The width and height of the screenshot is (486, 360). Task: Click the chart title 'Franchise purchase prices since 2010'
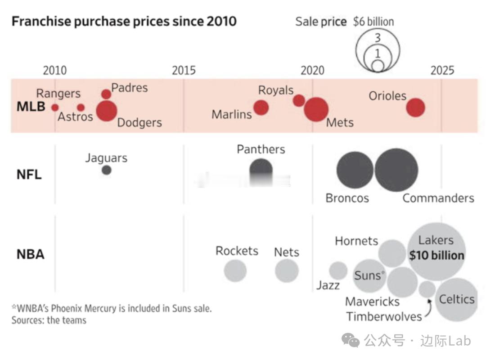point(124,21)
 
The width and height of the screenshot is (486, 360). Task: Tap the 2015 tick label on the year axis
point(184,70)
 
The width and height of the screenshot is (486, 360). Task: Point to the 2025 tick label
point(442,70)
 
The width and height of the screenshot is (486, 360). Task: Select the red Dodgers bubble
point(107,111)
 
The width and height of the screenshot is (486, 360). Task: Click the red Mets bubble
point(316,109)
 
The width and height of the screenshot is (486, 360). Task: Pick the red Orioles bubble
point(415,108)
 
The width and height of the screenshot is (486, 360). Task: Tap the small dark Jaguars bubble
point(106,170)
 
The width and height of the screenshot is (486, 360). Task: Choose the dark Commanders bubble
point(396,170)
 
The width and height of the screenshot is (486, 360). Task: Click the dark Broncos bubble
point(355,170)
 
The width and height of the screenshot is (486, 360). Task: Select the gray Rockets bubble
point(235,271)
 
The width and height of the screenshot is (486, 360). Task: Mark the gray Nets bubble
point(287,271)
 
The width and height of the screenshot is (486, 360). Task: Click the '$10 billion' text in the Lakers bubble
point(436,256)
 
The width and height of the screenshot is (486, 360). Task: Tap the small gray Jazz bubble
point(338,271)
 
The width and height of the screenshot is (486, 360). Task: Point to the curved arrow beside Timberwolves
point(427,308)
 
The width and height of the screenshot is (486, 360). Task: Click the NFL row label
point(29,175)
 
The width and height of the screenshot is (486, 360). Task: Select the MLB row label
point(31,107)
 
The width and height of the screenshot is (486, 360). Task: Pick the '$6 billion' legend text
point(373,22)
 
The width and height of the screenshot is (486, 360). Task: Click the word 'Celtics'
point(457,299)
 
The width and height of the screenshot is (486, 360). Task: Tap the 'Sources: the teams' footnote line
point(49,320)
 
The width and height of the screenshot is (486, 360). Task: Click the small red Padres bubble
point(106,94)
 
